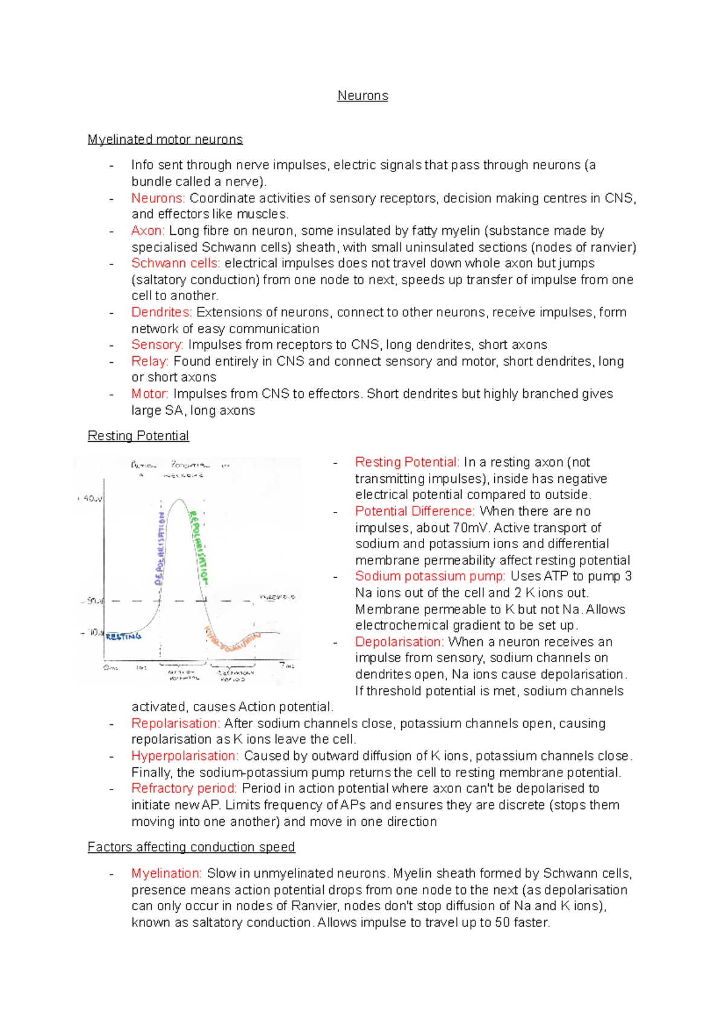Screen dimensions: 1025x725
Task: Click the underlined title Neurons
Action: [362, 95]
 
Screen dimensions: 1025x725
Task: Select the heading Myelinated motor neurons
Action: [165, 139]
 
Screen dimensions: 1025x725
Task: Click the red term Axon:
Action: [148, 231]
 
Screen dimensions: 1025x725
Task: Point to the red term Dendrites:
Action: [161, 312]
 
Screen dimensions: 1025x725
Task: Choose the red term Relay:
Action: [150, 361]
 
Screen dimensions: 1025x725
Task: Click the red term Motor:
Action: [150, 394]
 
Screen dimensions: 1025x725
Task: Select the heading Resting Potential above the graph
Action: [138, 436]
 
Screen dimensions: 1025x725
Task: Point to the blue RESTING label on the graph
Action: [124, 636]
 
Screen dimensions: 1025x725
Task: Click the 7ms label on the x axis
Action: [286, 666]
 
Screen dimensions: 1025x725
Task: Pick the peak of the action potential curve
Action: [179, 500]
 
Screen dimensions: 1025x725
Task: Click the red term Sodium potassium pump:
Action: [430, 576]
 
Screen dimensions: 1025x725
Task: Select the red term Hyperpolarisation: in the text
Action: [185, 756]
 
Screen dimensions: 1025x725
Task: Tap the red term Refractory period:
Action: [184, 788]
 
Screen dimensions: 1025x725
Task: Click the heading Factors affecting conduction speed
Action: [191, 847]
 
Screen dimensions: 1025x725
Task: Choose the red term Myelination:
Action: [166, 873]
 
